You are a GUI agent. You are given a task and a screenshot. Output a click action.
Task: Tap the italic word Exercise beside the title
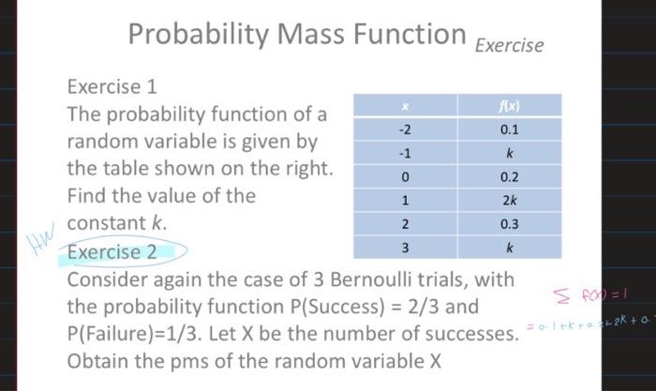(509, 43)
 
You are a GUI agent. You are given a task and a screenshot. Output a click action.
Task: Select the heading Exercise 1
(112, 87)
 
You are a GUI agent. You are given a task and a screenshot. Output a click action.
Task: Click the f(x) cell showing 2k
(510, 200)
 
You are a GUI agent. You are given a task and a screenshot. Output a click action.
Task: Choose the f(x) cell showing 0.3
(510, 224)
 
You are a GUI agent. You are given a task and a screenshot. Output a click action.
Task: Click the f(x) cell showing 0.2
(510, 176)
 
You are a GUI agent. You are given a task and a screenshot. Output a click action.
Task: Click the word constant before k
(106, 223)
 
